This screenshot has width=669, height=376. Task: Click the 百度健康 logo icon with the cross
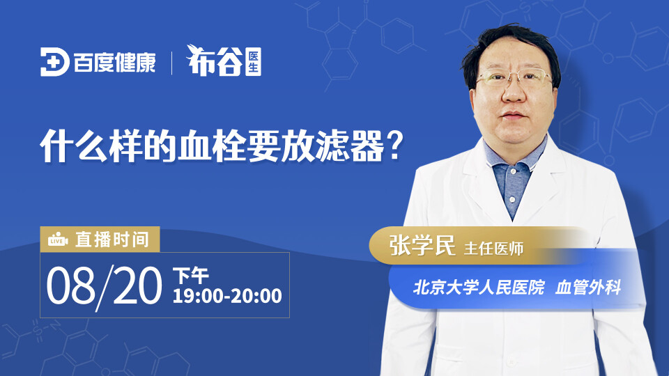click(55, 62)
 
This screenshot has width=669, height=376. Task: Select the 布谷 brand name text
click(215, 61)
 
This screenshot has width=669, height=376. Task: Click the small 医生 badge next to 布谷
click(253, 62)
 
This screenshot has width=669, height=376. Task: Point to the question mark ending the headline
click(397, 145)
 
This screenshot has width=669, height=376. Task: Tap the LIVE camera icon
click(58, 240)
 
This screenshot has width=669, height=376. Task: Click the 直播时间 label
click(112, 240)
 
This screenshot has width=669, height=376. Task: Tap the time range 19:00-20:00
click(227, 296)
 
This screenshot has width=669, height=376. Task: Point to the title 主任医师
click(493, 249)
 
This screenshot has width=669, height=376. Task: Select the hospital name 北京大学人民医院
click(479, 288)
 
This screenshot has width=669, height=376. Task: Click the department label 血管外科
click(588, 288)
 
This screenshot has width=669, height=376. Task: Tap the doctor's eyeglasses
click(514, 77)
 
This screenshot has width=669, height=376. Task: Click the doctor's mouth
click(514, 115)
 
